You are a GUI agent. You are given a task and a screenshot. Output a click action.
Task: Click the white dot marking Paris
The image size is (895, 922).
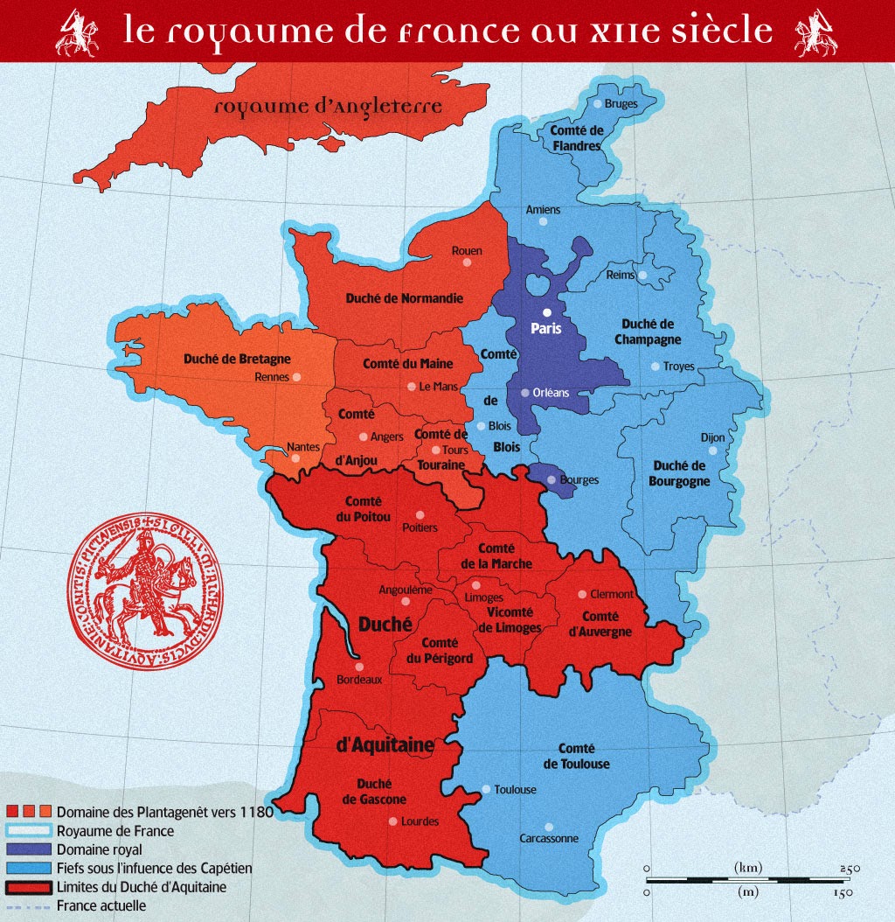point(547,312)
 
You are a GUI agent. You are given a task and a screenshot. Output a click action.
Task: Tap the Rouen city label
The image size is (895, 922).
point(467,251)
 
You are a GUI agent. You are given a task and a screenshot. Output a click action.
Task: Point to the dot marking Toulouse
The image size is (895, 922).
point(486,789)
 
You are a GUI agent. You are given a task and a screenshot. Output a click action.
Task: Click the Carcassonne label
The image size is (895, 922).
point(549,838)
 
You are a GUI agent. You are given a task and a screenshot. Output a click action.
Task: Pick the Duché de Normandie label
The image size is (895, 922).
point(405,298)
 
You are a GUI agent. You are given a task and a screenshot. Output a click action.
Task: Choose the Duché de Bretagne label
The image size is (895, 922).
point(237,359)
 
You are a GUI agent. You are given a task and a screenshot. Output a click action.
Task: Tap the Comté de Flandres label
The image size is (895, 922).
point(576,138)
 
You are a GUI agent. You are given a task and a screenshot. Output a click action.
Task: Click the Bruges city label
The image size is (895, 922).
point(621,104)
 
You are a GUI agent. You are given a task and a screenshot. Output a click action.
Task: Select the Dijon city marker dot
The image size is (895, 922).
point(713,451)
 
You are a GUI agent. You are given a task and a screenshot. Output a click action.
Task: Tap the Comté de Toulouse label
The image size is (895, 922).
point(576,757)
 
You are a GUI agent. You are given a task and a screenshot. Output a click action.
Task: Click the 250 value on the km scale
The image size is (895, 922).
point(850,868)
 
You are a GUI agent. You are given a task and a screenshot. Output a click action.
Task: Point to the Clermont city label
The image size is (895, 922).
point(612,594)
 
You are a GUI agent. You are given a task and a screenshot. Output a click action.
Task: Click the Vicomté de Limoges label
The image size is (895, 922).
point(510,619)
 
